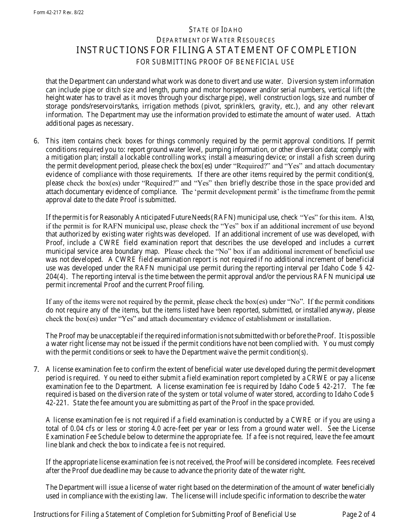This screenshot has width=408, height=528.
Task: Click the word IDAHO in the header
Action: (232, 30)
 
